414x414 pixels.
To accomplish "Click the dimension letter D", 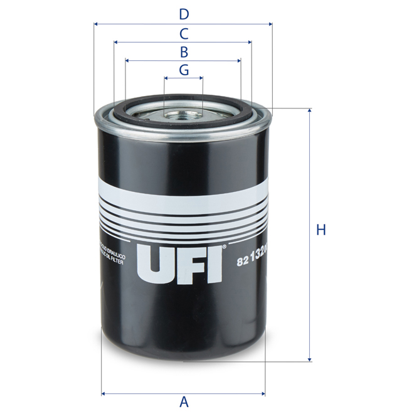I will [183, 14].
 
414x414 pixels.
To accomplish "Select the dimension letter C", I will [183, 33].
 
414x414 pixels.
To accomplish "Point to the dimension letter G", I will [183, 70].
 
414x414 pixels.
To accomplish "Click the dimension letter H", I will [321, 230].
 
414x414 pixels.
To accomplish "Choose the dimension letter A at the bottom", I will [184, 401].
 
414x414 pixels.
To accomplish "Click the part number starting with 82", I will [250, 262].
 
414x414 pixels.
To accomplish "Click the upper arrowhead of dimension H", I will [309, 111].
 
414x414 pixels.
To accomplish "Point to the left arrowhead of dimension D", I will [96, 24].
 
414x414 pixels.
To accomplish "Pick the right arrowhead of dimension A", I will [263, 394].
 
